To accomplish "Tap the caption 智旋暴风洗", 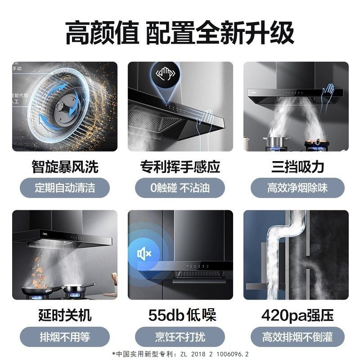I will click(65, 167).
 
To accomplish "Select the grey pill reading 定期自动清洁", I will click(65, 187).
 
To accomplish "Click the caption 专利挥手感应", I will click(180, 167).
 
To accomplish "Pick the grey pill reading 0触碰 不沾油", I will click(180, 187).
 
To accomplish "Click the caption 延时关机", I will click(65, 315).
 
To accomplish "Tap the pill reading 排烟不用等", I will click(65, 336).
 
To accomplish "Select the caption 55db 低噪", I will click(180, 315).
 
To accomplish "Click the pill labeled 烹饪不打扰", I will click(180, 336).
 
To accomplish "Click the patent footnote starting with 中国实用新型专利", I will click(180, 353).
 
